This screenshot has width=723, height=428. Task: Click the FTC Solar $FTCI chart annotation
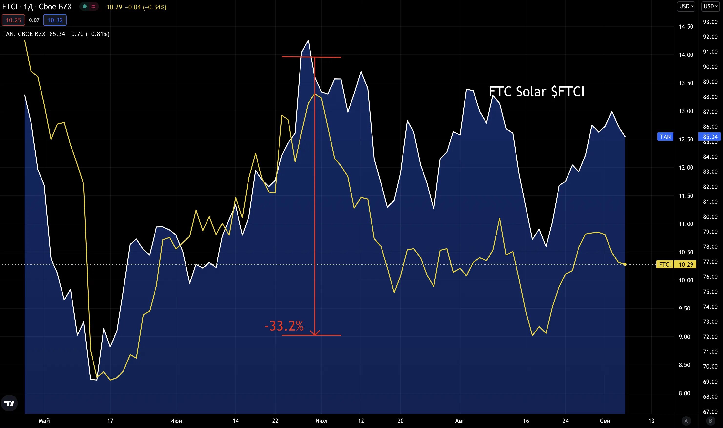pos(536,92)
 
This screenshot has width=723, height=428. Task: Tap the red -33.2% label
pos(284,326)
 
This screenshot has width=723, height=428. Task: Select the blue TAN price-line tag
pos(665,137)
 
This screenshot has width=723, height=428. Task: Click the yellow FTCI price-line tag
pos(664,265)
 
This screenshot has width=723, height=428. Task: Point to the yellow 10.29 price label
pos(686,265)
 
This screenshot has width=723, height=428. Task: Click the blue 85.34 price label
pos(710,137)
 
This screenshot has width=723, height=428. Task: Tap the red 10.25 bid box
pos(13,20)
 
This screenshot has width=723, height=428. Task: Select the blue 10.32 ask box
pos(55,20)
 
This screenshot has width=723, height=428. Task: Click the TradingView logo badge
pos(9,403)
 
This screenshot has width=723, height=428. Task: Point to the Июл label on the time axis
pos(321,421)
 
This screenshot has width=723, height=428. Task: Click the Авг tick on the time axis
pos(460,421)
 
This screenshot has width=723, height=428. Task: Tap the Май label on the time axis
pos(44,421)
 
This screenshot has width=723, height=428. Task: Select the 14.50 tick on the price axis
pos(686,27)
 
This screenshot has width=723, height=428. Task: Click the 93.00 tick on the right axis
pos(710,22)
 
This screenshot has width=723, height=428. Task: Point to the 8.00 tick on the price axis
pos(684,393)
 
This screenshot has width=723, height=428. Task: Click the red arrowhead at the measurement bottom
pos(315,333)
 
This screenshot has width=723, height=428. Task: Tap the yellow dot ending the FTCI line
pos(625,264)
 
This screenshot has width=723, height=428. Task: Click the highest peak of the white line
pos(308,40)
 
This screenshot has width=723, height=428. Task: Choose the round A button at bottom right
pos(686,421)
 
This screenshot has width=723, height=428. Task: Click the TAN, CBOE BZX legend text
pos(24,34)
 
